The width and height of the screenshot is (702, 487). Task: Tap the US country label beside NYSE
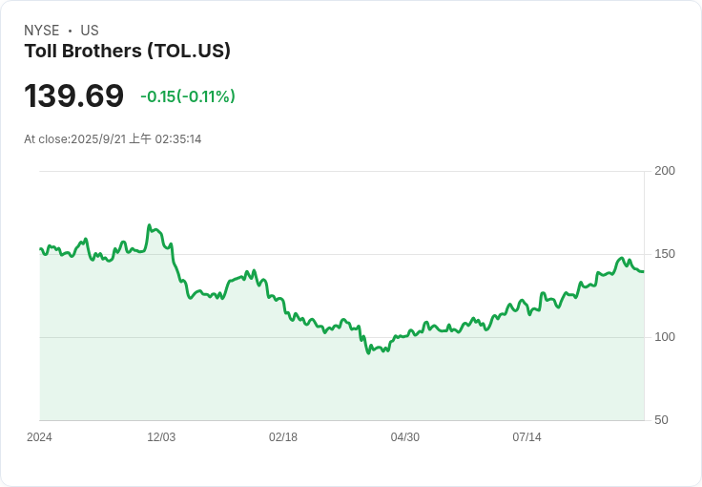click(x=90, y=31)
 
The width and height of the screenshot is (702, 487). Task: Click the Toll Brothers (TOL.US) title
click(x=127, y=52)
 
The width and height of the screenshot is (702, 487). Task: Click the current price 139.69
click(x=73, y=96)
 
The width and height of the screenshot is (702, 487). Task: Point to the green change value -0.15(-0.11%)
click(x=188, y=96)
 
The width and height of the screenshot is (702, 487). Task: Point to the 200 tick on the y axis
click(x=665, y=171)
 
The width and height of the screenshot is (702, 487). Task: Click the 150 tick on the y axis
click(x=665, y=254)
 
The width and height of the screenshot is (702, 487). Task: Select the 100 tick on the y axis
click(x=665, y=337)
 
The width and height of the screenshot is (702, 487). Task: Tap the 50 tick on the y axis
click(x=661, y=420)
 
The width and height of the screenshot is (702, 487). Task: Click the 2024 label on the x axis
click(x=39, y=437)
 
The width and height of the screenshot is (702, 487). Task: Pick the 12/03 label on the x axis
click(x=161, y=437)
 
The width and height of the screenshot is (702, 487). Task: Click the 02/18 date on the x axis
click(x=283, y=437)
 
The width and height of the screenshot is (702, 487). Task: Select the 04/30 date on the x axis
click(x=405, y=437)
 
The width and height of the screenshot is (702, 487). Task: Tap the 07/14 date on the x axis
click(x=526, y=437)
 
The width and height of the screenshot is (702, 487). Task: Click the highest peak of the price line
click(x=150, y=225)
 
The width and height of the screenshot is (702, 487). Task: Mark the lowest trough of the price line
click(x=368, y=354)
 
